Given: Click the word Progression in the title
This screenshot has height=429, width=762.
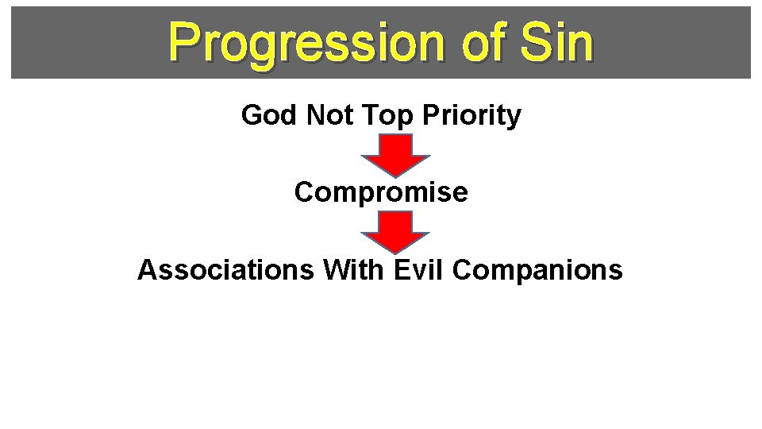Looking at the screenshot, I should tap(305, 43).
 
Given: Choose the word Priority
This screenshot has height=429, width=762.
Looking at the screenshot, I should tap(471, 116).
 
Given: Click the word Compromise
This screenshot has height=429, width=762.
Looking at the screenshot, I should tap(381, 192).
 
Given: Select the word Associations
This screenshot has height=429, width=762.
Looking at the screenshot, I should tap(226, 270).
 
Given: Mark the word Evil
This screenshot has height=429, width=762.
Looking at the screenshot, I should tap(419, 270).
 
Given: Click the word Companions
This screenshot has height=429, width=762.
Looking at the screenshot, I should tap(537, 270).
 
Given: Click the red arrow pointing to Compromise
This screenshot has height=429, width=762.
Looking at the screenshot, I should tap(396, 154).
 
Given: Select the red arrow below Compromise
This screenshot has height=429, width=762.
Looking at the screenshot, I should tap(396, 231).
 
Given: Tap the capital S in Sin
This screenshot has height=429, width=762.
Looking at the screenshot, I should tap(533, 43).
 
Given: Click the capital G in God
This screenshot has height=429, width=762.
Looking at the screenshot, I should tap(252, 116).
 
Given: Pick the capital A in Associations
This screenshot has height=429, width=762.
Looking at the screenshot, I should tap(148, 270).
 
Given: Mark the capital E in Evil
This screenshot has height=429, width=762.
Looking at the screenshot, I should tap(402, 270).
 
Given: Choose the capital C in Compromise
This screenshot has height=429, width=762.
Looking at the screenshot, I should tap(304, 192).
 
